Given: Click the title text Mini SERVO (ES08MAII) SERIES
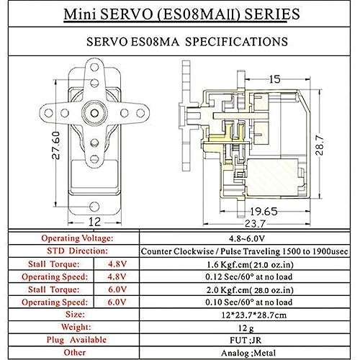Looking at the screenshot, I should (x=179, y=14).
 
